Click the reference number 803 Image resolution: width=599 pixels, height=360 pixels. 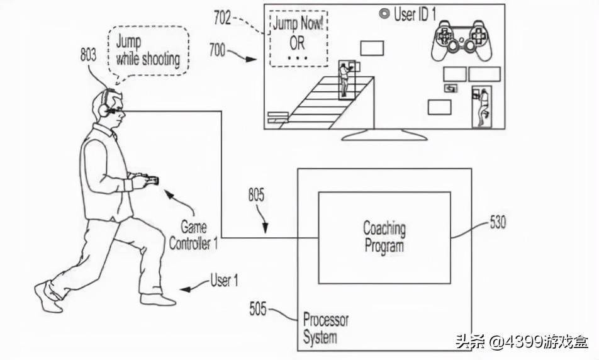point(88,54)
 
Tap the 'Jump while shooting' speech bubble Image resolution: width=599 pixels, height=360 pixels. point(148,50)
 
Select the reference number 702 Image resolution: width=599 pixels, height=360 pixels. point(222,18)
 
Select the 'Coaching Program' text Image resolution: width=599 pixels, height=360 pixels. point(384,236)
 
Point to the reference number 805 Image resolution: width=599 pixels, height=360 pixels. point(256,196)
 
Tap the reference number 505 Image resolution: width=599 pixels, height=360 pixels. point(257,308)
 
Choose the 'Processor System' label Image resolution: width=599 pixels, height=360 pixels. point(325,327)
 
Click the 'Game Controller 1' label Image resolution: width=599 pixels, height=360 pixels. point(193,235)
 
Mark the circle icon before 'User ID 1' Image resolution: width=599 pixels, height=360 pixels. point(383,13)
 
